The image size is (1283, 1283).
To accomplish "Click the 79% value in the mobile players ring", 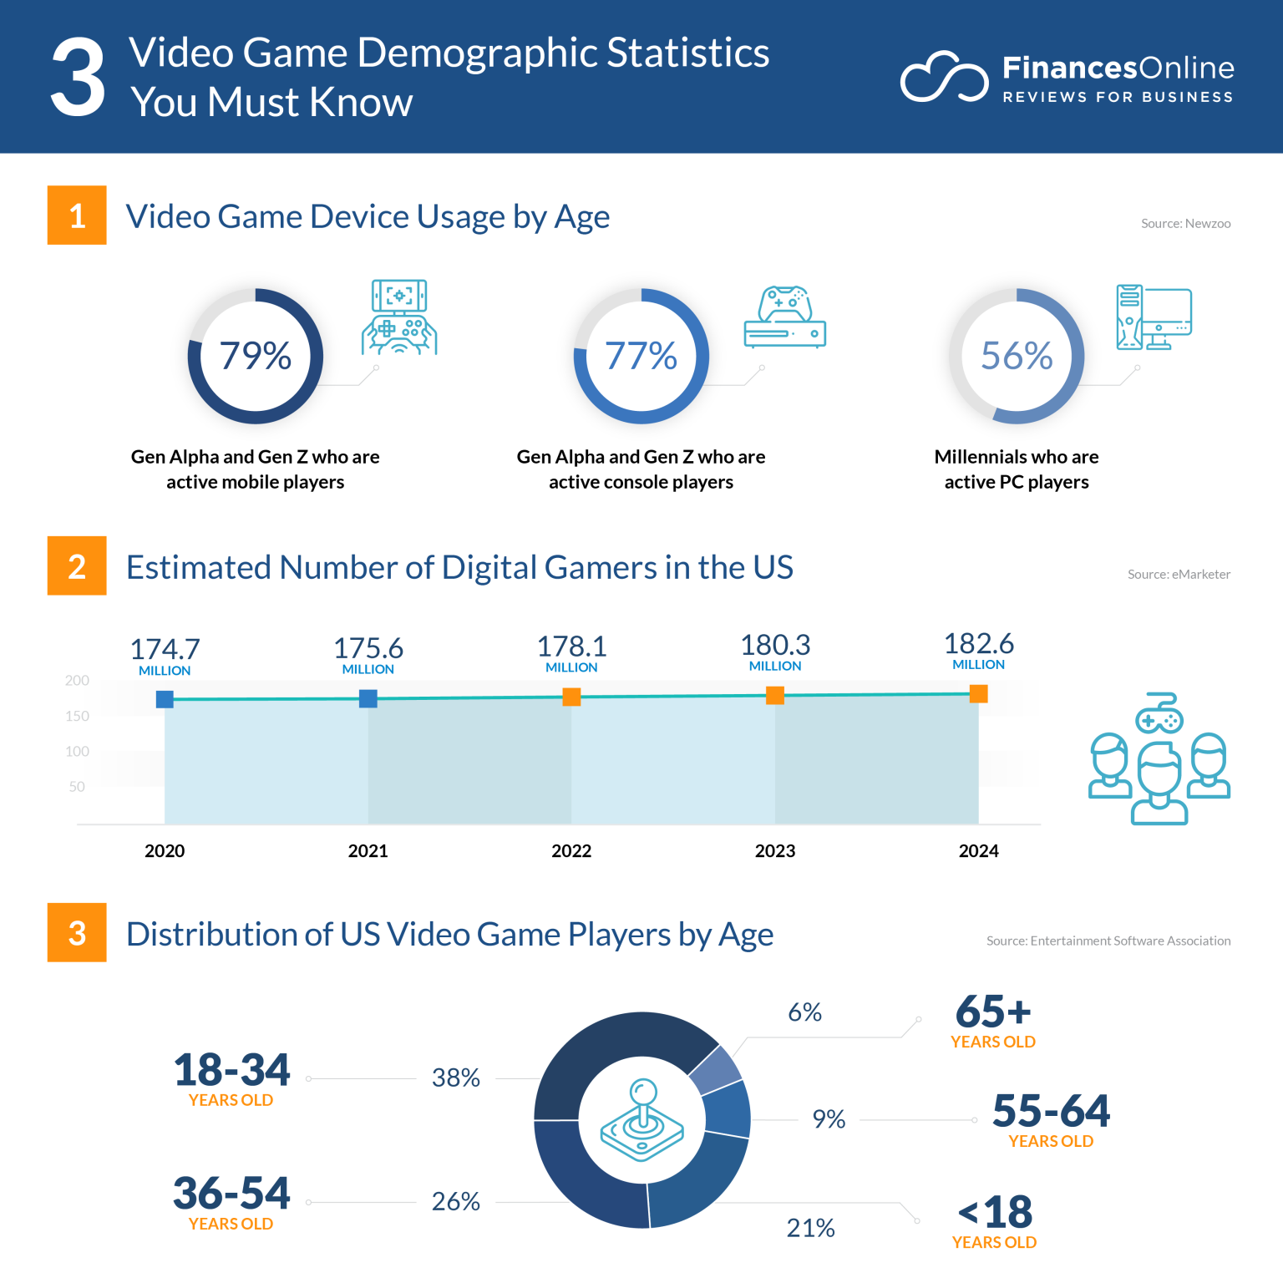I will [256, 356].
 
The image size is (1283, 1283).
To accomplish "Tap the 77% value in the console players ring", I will [641, 356].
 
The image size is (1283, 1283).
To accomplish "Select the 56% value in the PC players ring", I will [1017, 356].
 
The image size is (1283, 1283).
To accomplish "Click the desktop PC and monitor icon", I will [1154, 317].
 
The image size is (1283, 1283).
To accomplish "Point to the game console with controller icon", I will [784, 317].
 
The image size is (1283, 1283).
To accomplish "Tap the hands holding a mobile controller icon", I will [399, 318].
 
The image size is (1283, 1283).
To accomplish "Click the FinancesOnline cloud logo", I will [944, 78].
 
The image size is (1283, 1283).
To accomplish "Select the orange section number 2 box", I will [77, 565].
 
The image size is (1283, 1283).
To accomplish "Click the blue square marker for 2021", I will [368, 698].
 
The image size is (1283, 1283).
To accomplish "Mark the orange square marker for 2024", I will [978, 694].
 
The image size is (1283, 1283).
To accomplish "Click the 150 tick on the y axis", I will [77, 716].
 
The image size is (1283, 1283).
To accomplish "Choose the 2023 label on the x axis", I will [774, 850].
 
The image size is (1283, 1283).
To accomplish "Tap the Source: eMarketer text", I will [1179, 574].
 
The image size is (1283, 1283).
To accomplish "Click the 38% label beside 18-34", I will [455, 1078].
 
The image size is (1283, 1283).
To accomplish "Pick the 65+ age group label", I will [993, 1012].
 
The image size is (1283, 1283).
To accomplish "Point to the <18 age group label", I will [994, 1212].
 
